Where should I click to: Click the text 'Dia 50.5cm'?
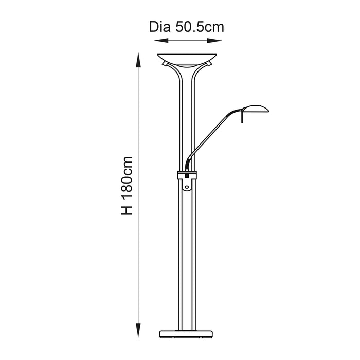pyautogui.click(x=187, y=27)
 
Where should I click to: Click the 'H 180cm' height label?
pyautogui.click(x=127, y=186)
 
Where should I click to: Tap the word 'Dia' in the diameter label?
pyautogui.click(x=159, y=27)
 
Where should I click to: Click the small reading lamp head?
pyautogui.click(x=256, y=109)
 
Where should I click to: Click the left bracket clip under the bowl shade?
pyautogui.click(x=165, y=64)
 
